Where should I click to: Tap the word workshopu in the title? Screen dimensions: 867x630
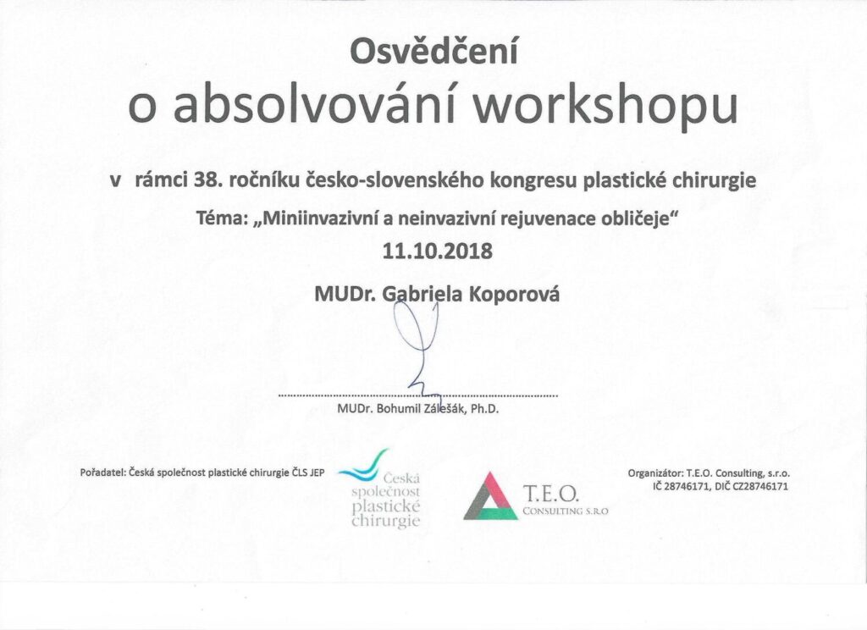606,107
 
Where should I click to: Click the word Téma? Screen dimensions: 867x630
220,218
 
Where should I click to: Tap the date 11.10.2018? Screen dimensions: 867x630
437,251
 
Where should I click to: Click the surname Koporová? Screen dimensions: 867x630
514,293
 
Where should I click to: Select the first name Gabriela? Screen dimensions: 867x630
422,294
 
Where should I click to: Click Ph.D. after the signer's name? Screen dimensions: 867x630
485,410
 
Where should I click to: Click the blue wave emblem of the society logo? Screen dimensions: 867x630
362,467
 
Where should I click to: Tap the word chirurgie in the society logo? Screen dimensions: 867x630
386,521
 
